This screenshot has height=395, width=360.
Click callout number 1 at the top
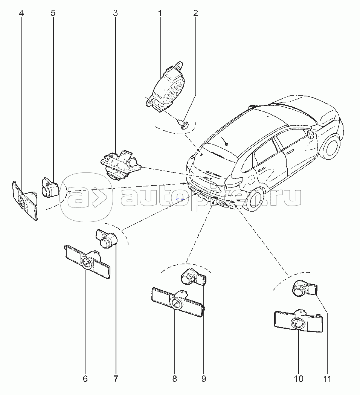click(x=160, y=13)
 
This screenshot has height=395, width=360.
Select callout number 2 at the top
click(x=195, y=13)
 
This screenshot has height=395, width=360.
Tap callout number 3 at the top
click(x=115, y=13)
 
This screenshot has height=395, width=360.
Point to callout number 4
click(x=22, y=13)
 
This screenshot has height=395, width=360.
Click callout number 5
click(x=53, y=13)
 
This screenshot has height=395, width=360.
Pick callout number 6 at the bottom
click(x=85, y=379)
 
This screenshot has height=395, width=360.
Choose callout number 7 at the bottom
click(x=116, y=379)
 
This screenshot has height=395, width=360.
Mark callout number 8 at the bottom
click(x=175, y=379)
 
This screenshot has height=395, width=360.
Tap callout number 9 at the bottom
click(x=204, y=379)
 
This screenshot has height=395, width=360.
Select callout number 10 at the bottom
click(x=298, y=379)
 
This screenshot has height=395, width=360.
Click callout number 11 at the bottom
click(x=327, y=379)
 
